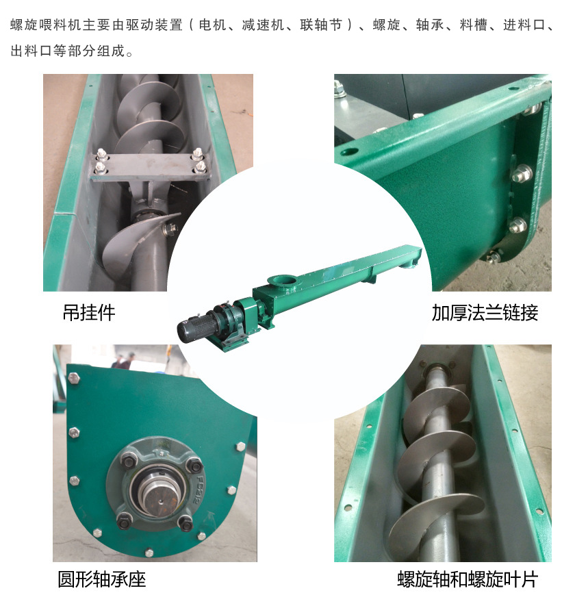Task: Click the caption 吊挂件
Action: (x=89, y=313)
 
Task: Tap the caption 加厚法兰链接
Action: (x=485, y=313)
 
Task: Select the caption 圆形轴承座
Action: (x=102, y=579)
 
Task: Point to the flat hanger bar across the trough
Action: (x=150, y=167)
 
